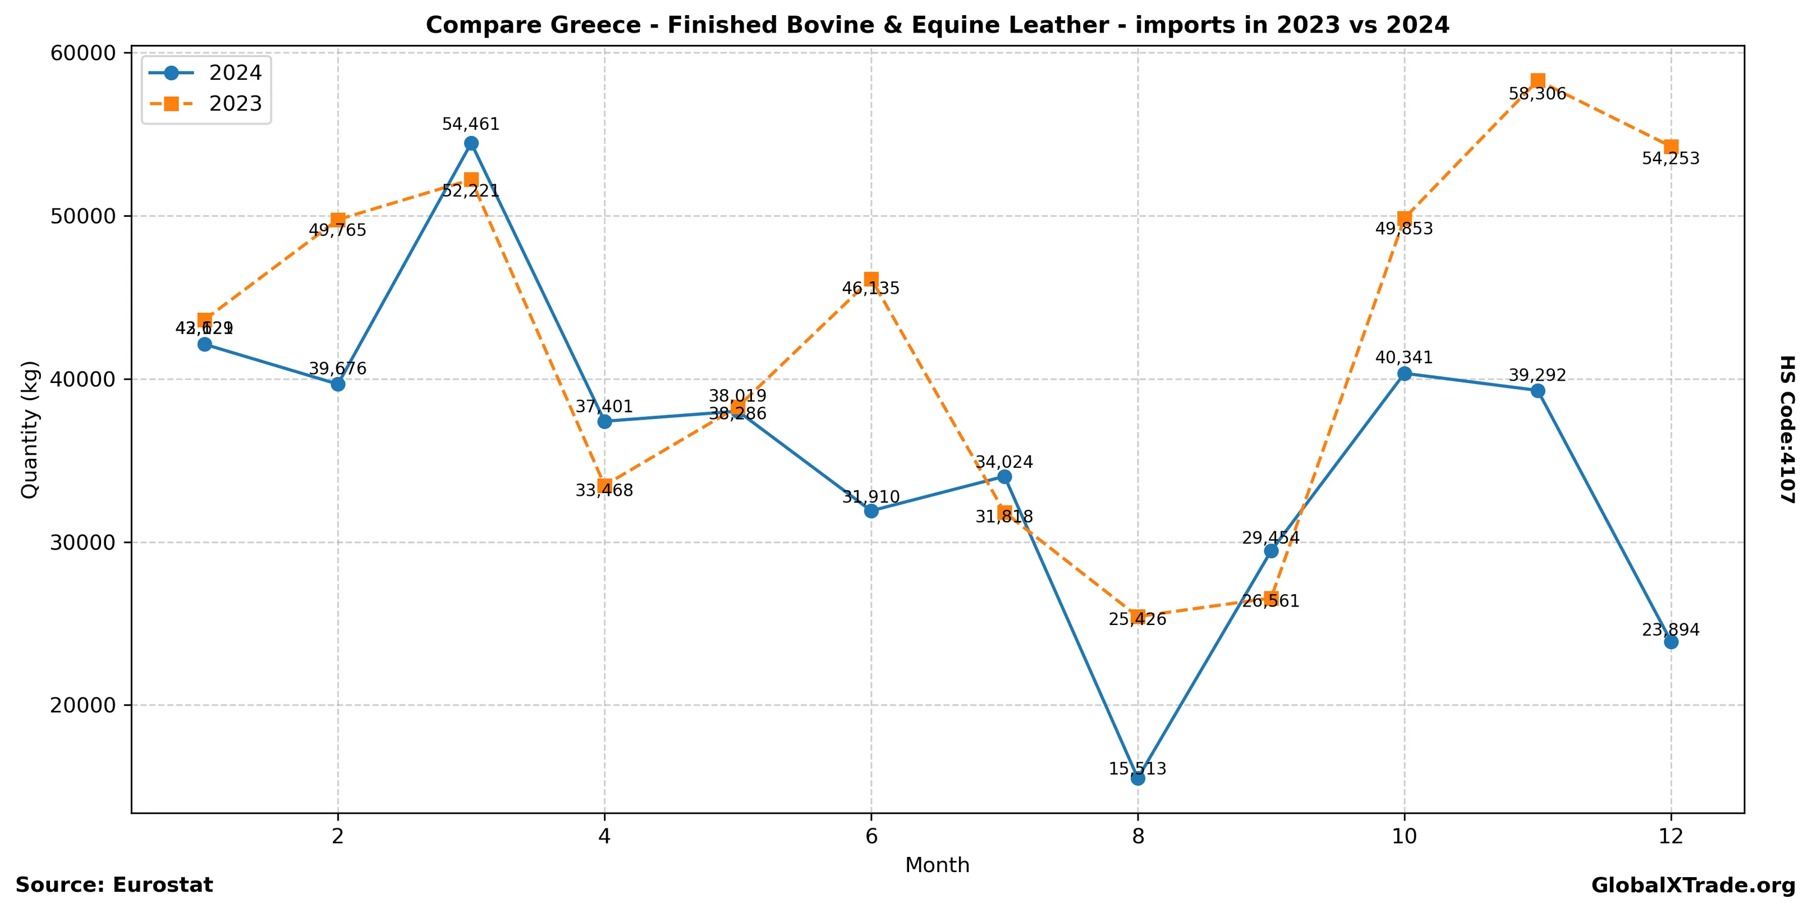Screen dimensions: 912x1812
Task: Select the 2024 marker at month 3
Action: tap(471, 144)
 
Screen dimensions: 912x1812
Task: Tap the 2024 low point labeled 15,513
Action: tap(1137, 778)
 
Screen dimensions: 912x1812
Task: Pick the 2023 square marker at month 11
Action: tap(1538, 81)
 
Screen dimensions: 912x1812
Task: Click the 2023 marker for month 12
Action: tap(1671, 147)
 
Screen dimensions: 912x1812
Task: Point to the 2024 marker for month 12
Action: tap(1671, 642)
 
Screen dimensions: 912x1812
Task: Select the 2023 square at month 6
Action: tap(871, 279)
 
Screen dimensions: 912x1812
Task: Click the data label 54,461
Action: tap(471, 125)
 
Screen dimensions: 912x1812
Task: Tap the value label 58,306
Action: tap(1537, 94)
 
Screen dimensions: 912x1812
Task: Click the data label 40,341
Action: tap(1403, 358)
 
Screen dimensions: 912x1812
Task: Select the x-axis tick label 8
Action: tap(1137, 836)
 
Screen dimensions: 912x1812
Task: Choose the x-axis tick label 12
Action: tap(1671, 836)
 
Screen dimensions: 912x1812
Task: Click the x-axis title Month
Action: tap(937, 865)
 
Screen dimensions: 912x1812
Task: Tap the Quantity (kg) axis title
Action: tap(30, 429)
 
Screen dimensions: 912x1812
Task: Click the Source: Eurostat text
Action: tap(114, 885)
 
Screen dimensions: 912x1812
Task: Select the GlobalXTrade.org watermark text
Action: tap(1693, 885)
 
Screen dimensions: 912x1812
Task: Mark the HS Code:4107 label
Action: tap(1787, 429)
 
